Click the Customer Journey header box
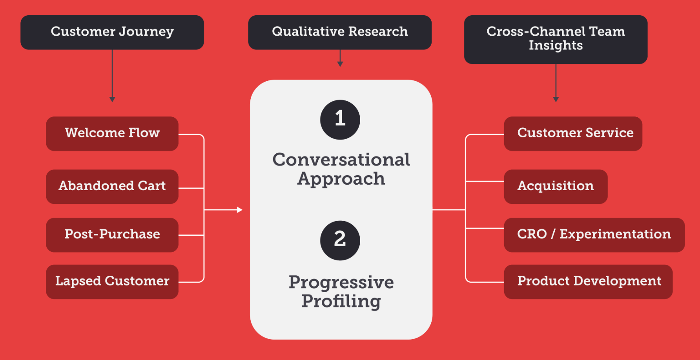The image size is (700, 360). pos(112,32)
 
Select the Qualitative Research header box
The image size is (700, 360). pos(340,32)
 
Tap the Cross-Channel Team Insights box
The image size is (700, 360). pos(556,39)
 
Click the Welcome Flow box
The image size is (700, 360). pos(112,133)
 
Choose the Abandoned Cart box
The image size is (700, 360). pos(112,186)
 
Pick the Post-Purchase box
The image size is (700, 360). pos(112,235)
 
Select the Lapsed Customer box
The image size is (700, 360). pos(112,282)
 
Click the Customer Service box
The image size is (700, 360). pos(573,133)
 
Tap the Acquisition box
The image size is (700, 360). pos(556,186)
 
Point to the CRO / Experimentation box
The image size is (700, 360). pos(594,235)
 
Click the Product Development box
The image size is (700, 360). pos(588,282)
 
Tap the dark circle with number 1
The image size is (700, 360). pos(340,120)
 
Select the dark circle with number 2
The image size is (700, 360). pos(340,240)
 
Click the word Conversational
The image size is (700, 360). pos(341,160)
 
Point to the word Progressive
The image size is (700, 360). pos(341,282)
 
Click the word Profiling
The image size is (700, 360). pos(341,302)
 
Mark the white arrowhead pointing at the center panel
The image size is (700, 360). pos(239,210)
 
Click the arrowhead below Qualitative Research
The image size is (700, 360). pos(340,64)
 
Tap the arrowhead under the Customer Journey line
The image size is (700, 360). pos(112,99)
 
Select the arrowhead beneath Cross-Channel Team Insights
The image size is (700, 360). pos(556,99)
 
